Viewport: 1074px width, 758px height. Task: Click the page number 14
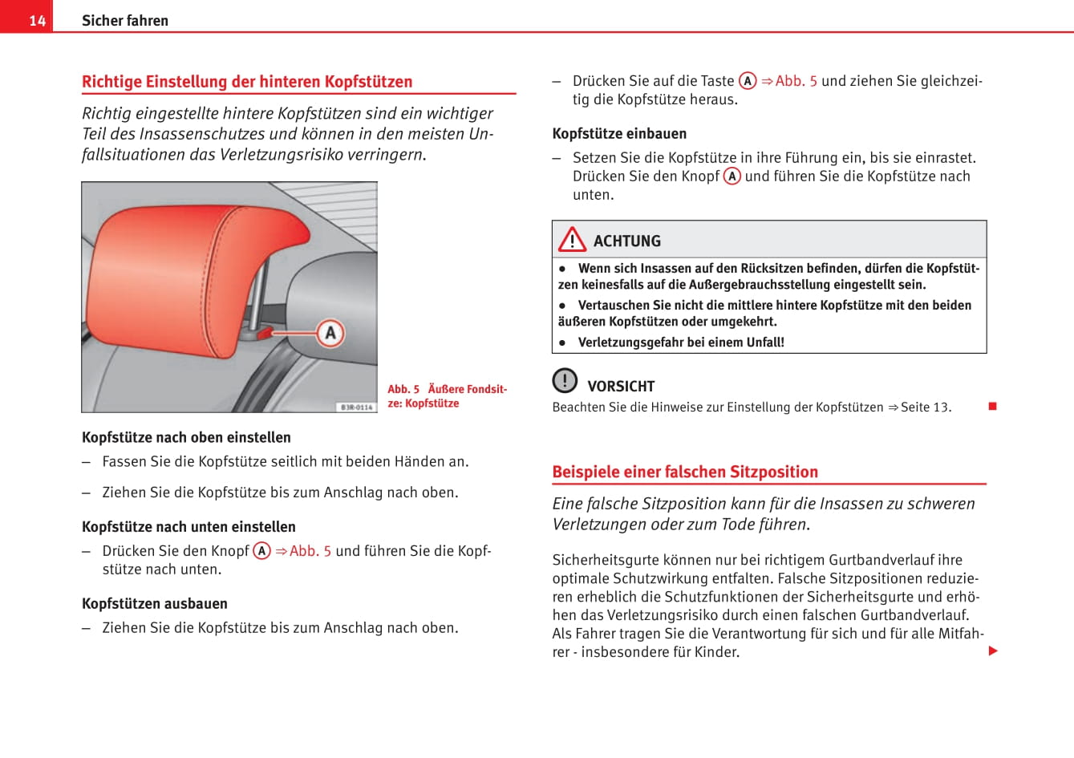37,20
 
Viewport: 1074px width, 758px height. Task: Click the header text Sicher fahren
125,21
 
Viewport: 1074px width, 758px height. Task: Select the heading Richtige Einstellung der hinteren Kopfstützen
247,82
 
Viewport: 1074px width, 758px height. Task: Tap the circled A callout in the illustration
330,333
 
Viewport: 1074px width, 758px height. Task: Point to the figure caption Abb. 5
448,396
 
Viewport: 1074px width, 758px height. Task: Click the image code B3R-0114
356,407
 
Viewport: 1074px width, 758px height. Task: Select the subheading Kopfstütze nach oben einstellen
186,437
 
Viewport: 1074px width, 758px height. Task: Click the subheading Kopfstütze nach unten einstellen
188,527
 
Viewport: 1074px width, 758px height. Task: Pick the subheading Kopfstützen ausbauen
155,604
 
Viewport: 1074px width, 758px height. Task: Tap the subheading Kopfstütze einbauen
619,134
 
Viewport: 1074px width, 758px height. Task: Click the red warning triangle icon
572,240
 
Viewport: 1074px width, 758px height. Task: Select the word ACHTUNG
627,241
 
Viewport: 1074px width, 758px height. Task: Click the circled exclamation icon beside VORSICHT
565,380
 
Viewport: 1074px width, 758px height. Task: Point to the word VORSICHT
621,387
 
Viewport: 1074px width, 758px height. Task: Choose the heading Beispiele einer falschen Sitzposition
685,472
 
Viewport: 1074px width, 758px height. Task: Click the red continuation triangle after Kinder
993,651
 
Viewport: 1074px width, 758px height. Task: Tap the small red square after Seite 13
992,406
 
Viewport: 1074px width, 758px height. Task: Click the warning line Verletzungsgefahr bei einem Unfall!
680,343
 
